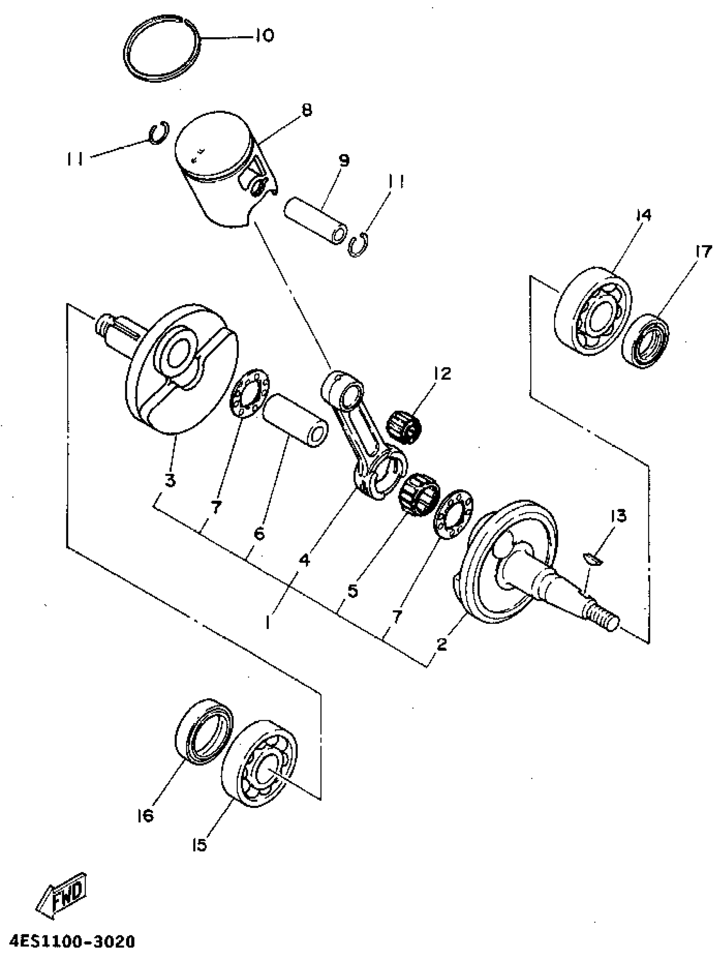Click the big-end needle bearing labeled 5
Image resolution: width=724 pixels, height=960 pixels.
pyautogui.click(x=419, y=495)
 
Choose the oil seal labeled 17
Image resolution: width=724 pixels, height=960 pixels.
pyautogui.click(x=645, y=341)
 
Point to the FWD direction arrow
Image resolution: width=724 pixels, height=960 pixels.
pyautogui.click(x=62, y=894)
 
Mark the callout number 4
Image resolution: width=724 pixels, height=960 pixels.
pyautogui.click(x=305, y=560)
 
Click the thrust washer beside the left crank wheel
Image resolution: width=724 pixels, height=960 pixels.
pyautogui.click(x=249, y=394)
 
